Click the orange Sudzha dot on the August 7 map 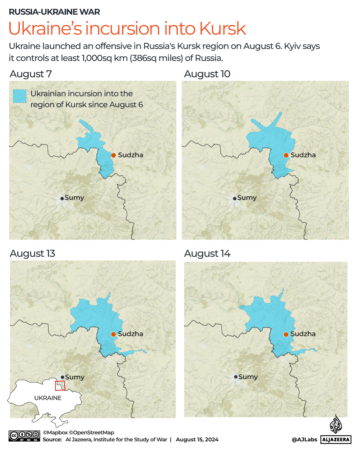[114, 155]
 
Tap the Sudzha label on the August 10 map [303, 155]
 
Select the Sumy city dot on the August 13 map [62, 377]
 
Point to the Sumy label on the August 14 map [248, 377]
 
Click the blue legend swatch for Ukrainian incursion [20, 96]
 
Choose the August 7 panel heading [31, 74]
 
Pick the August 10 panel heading [207, 74]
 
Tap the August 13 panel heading [32, 253]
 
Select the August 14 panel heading [207, 253]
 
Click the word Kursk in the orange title [223, 29]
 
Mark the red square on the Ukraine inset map [60, 386]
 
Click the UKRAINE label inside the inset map [48, 398]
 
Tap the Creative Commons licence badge [24, 436]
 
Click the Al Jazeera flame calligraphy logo [336, 424]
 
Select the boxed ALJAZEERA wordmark [336, 440]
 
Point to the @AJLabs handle [304, 440]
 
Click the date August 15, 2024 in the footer [197, 440]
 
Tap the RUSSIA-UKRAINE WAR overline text [54, 12]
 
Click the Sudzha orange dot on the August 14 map [286, 334]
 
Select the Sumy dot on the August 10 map [234, 199]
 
